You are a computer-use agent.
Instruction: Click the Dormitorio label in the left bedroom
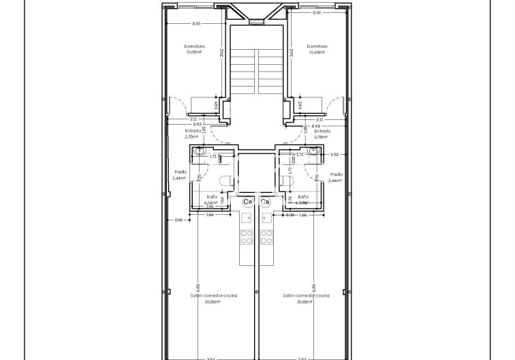[195, 46]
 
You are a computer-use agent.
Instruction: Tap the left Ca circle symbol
[248, 202]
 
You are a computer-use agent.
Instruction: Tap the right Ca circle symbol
[266, 202]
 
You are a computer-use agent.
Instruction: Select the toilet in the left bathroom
[224, 180]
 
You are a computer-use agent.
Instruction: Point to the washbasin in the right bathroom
[313, 152]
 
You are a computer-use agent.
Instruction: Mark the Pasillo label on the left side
[181, 172]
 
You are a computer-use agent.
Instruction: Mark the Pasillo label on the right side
[335, 175]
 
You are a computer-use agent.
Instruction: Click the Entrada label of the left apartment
[193, 130]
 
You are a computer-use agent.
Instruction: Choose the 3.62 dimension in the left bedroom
[222, 52]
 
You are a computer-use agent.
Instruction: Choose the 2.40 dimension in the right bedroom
[316, 13]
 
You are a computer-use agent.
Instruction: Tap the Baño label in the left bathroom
[210, 196]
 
